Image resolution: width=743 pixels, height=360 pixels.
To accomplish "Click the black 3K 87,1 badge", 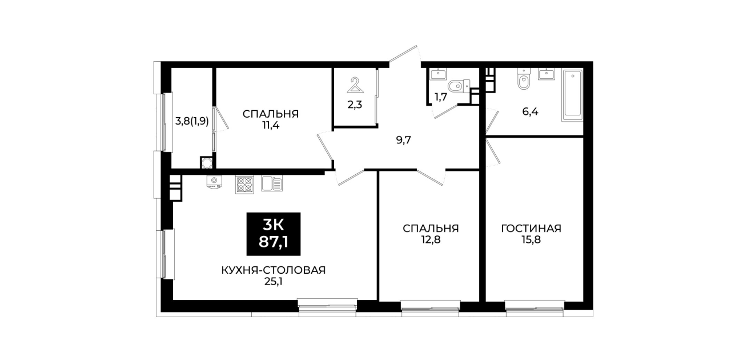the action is click(274, 234).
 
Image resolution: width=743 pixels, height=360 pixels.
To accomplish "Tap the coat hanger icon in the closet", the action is click(355, 85).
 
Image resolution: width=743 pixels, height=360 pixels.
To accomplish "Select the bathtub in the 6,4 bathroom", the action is click(572, 95).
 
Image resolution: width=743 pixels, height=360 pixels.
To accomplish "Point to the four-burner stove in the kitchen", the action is click(244, 185).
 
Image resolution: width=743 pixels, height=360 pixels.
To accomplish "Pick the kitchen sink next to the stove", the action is click(272, 183).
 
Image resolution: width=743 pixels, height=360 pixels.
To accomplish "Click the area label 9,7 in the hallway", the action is click(403, 140).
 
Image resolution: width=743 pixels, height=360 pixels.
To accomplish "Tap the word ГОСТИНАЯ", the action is click(531, 229).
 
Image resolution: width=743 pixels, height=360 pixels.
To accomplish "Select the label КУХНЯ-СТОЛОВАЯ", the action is click(274, 270).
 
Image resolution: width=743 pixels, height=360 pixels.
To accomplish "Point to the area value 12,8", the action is click(431, 239).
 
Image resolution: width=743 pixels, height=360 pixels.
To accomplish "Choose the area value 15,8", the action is click(531, 239).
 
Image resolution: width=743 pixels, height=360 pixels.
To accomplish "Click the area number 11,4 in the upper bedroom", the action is click(270, 125).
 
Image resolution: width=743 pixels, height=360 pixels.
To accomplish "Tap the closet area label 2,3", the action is click(355, 105).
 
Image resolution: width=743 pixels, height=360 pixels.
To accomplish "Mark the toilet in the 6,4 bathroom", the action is click(524, 79).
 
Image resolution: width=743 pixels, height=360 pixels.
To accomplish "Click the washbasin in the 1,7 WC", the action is click(438, 74).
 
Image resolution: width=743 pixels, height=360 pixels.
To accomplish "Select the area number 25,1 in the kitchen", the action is click(274, 282).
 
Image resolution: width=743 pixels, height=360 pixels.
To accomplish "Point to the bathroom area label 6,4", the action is click(530, 111).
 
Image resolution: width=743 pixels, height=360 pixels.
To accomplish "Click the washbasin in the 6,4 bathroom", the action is click(547, 74).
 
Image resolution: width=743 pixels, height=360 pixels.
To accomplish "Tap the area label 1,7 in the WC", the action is click(441, 97).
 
